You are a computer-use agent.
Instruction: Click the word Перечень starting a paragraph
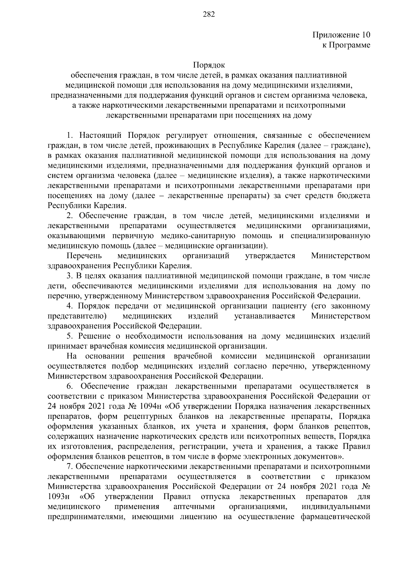(x=84, y=256)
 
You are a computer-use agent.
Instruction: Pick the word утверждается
(x=270, y=256)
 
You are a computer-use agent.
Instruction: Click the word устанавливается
(x=265, y=316)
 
